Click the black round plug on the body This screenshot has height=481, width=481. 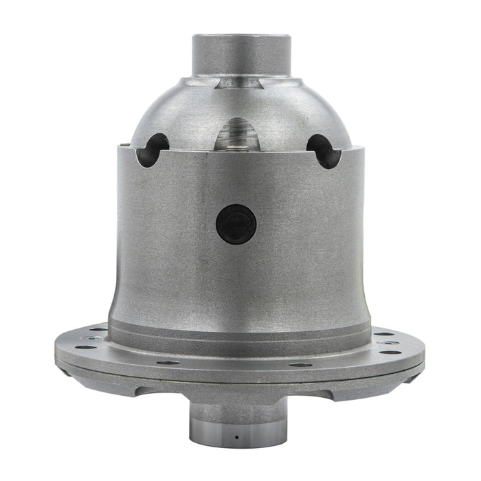click(236, 225)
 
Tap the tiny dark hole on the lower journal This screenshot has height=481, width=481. click(236, 437)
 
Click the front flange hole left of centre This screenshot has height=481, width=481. click(168, 362)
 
